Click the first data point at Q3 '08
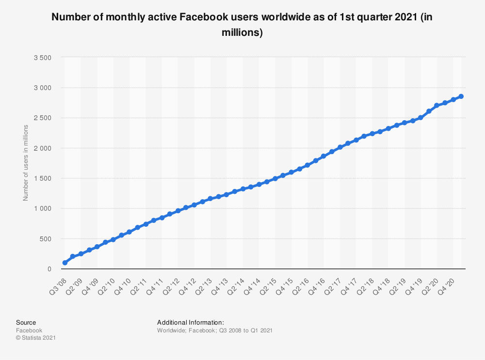coord(65,263)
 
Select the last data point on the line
coord(461,96)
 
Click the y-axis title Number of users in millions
coord(26,163)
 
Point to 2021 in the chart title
coord(404,17)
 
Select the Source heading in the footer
coord(26,322)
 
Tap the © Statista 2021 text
coord(35,338)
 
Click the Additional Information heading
coord(190,322)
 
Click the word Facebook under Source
coord(29,330)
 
